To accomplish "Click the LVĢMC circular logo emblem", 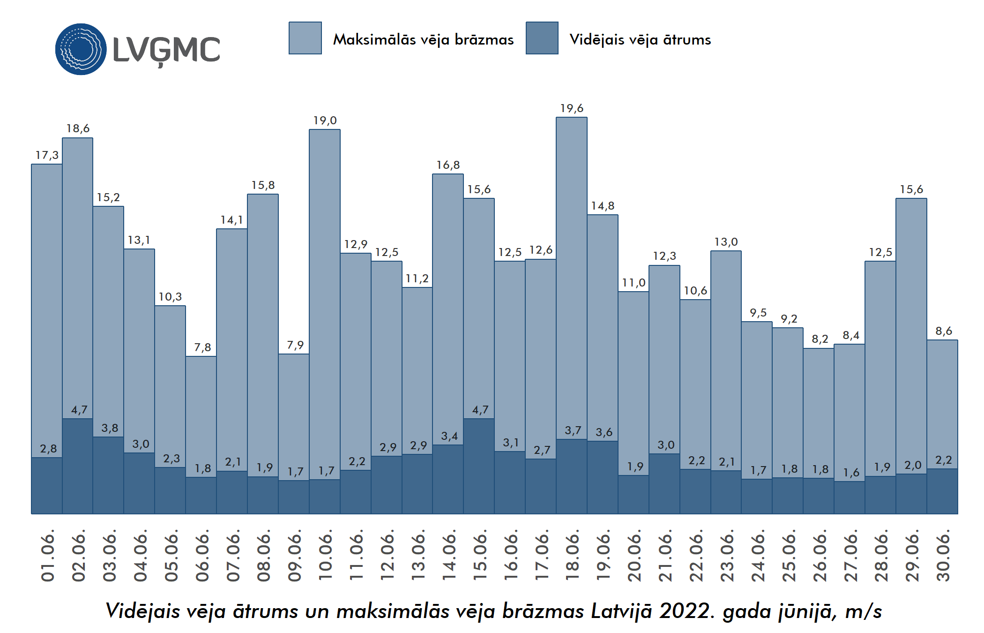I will [x=81, y=49].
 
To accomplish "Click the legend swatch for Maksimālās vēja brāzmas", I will [x=305, y=38].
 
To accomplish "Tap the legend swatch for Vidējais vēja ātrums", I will [x=542, y=38].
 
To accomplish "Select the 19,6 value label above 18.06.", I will [x=572, y=108].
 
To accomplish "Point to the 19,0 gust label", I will [x=325, y=121].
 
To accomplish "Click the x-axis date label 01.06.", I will [x=48, y=556].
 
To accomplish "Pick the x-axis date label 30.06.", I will [x=943, y=556].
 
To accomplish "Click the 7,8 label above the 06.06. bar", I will [x=202, y=347].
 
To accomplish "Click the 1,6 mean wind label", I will [x=851, y=473].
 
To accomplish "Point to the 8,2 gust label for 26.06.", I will [x=820, y=339].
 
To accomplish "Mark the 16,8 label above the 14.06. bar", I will [x=448, y=165].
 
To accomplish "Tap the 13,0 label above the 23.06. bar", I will [x=726, y=242].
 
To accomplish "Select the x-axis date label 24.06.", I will [x=758, y=556].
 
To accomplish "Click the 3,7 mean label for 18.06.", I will [x=573, y=430].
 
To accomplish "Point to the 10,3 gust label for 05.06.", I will [x=170, y=297].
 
